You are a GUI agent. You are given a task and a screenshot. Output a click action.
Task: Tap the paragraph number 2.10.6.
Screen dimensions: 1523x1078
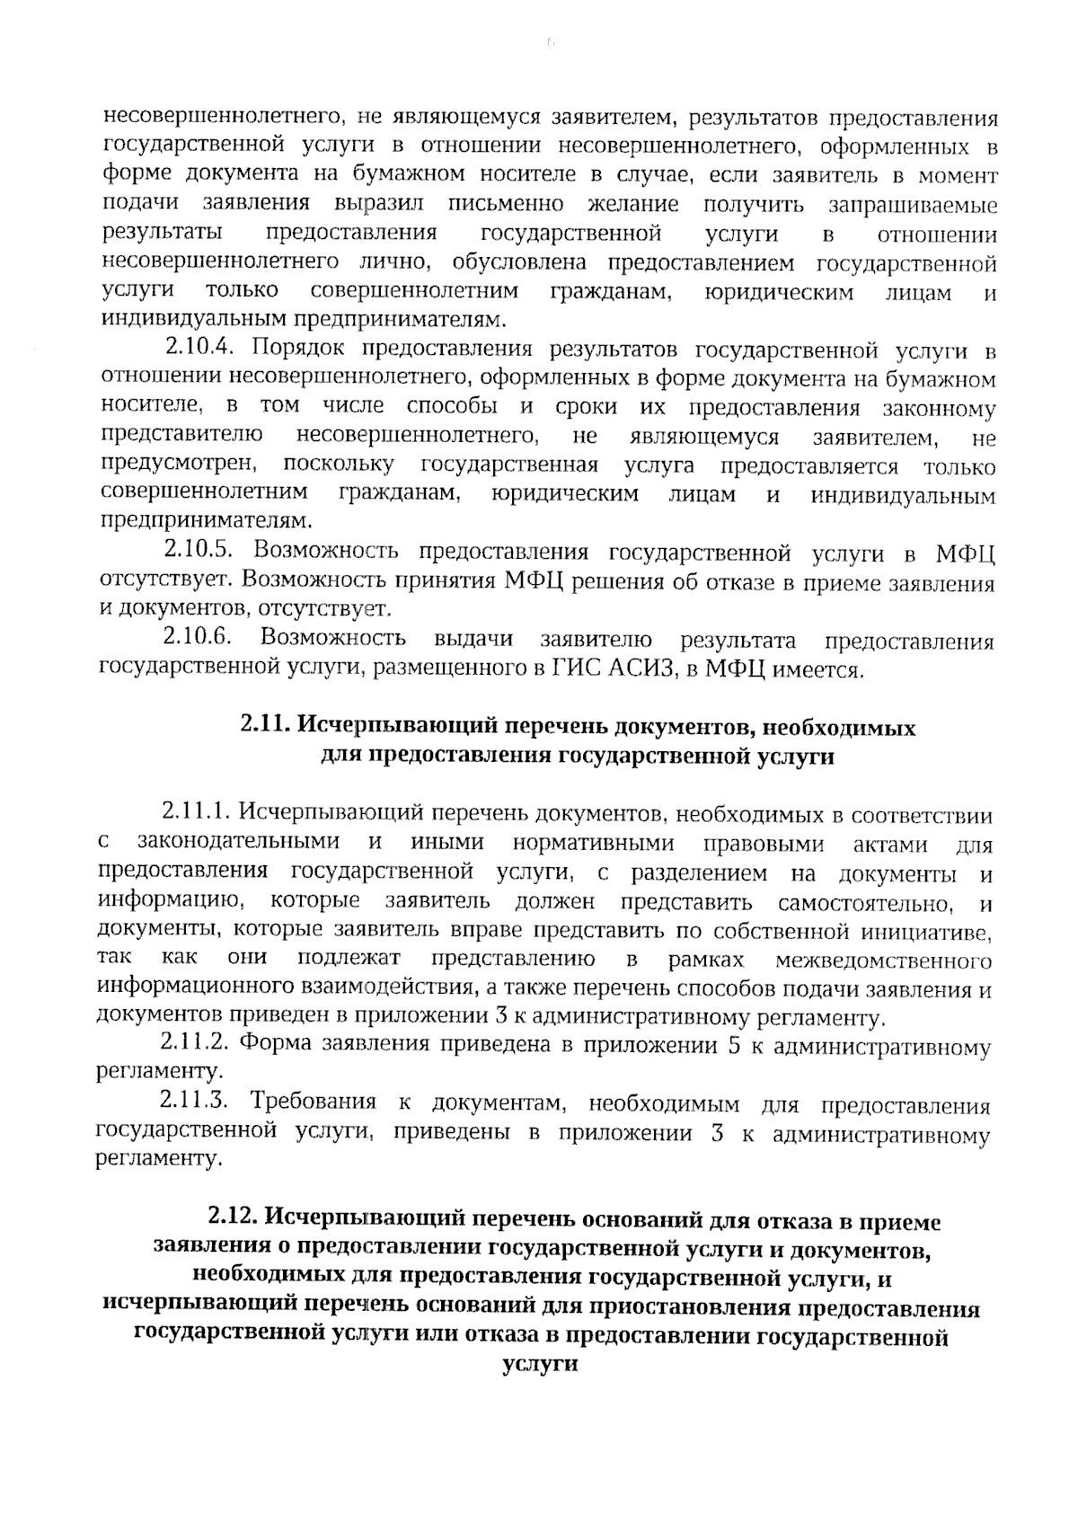tap(199, 639)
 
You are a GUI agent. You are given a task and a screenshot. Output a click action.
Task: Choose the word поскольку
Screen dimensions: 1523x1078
tap(339, 465)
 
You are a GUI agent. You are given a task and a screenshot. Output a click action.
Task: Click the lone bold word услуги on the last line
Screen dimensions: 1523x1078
tap(538, 1364)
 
